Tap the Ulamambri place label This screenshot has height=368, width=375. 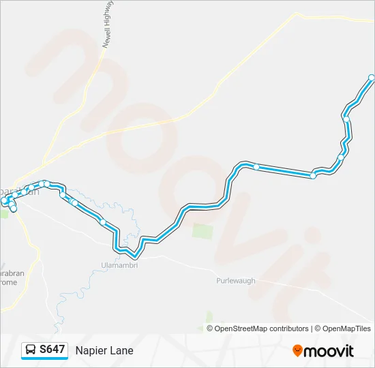(x=119, y=265)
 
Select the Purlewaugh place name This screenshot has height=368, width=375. (x=236, y=281)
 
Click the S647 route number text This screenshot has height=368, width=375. (x=52, y=350)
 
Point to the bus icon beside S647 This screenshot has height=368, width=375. (x=31, y=350)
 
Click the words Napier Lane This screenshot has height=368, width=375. (x=104, y=351)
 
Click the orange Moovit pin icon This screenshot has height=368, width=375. (x=297, y=351)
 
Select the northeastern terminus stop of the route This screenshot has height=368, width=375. (x=371, y=78)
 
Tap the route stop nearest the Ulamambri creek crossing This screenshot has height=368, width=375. (x=103, y=221)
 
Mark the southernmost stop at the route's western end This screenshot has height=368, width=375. (x=14, y=209)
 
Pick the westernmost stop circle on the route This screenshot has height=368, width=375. (x=4, y=200)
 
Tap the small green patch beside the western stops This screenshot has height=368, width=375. (x=5, y=213)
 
